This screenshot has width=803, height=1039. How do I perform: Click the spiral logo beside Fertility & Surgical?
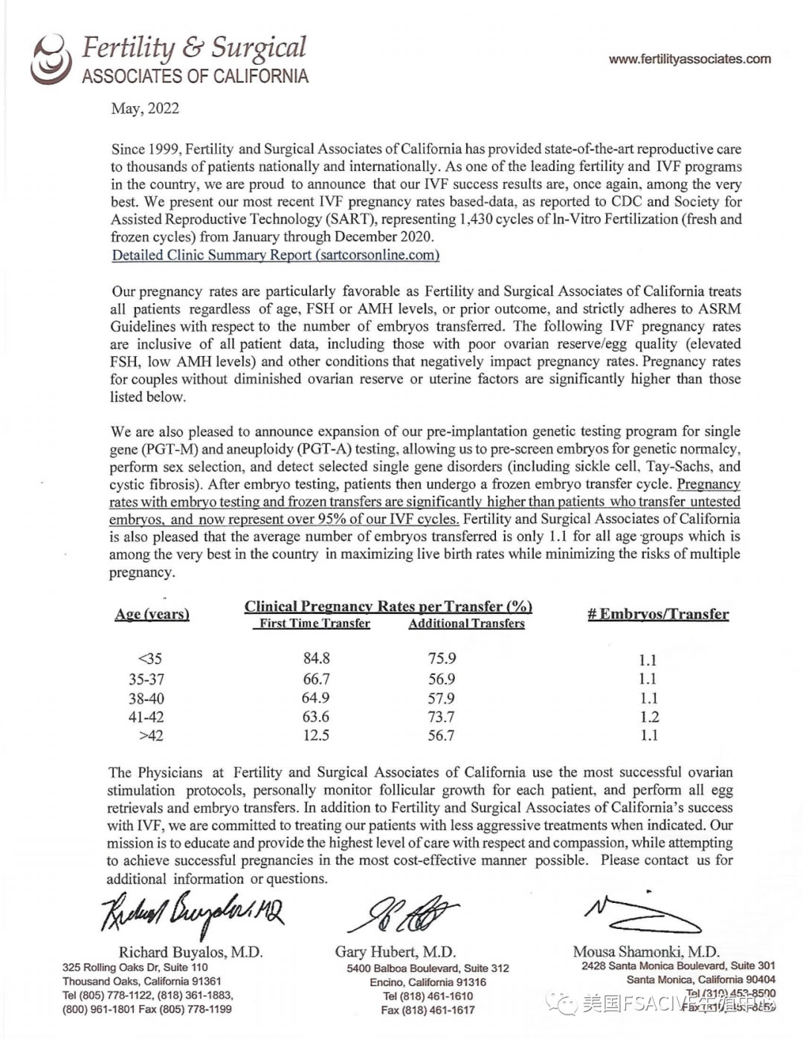50,58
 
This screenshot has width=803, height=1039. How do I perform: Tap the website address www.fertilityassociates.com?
689,59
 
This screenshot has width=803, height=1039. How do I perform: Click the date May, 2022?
145,109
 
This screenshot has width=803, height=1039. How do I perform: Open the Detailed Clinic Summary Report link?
275,255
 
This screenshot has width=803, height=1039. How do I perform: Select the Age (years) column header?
152,615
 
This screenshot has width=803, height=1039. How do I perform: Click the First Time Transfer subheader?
315,624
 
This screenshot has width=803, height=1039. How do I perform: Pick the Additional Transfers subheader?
466,624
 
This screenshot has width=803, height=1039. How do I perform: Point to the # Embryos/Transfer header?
658,614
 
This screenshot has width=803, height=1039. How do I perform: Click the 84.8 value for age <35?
316,658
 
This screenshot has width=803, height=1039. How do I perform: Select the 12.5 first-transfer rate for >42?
316,735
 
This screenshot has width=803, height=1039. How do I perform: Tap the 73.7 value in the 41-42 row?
441,716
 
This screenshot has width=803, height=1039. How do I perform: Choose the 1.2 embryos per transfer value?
648,717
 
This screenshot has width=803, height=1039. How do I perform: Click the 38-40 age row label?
146,699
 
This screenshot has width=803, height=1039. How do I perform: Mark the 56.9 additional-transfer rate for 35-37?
441,679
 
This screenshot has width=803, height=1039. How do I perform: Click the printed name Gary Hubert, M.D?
395,951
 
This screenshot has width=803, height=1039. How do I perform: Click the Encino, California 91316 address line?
428,982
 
